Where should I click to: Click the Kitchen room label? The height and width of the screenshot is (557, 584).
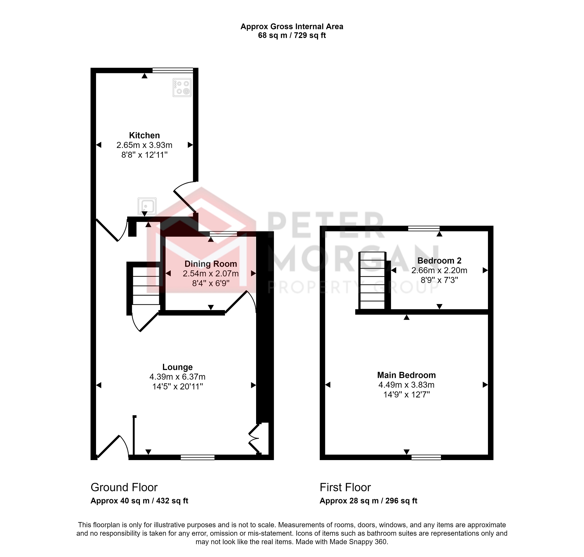point(144,135)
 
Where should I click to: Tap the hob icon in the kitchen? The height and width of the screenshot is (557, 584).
point(182,87)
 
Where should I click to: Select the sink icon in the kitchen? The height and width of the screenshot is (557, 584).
point(147,206)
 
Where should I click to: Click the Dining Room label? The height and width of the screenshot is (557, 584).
point(211,264)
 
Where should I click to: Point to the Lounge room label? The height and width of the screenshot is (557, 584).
point(177,367)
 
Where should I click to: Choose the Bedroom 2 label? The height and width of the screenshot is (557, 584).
point(439,260)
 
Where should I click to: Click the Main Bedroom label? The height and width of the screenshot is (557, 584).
point(406,375)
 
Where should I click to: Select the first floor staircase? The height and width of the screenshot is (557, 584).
point(372,281)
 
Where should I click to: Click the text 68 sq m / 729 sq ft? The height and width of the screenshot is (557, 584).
point(292,35)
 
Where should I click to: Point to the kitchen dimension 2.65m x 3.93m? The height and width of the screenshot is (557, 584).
point(144,145)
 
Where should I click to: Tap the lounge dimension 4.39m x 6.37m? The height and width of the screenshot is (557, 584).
point(177,377)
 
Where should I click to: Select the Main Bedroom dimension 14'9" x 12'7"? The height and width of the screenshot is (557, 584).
point(406,395)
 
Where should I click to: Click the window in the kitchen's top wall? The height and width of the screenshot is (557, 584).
point(172,70)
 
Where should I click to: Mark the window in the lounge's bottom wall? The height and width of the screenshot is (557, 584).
point(198,457)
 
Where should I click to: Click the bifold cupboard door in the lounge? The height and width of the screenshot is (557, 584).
point(254,439)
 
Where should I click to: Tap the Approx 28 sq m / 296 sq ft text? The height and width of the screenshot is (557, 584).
point(368,501)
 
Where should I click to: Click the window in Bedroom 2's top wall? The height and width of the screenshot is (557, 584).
point(423,228)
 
